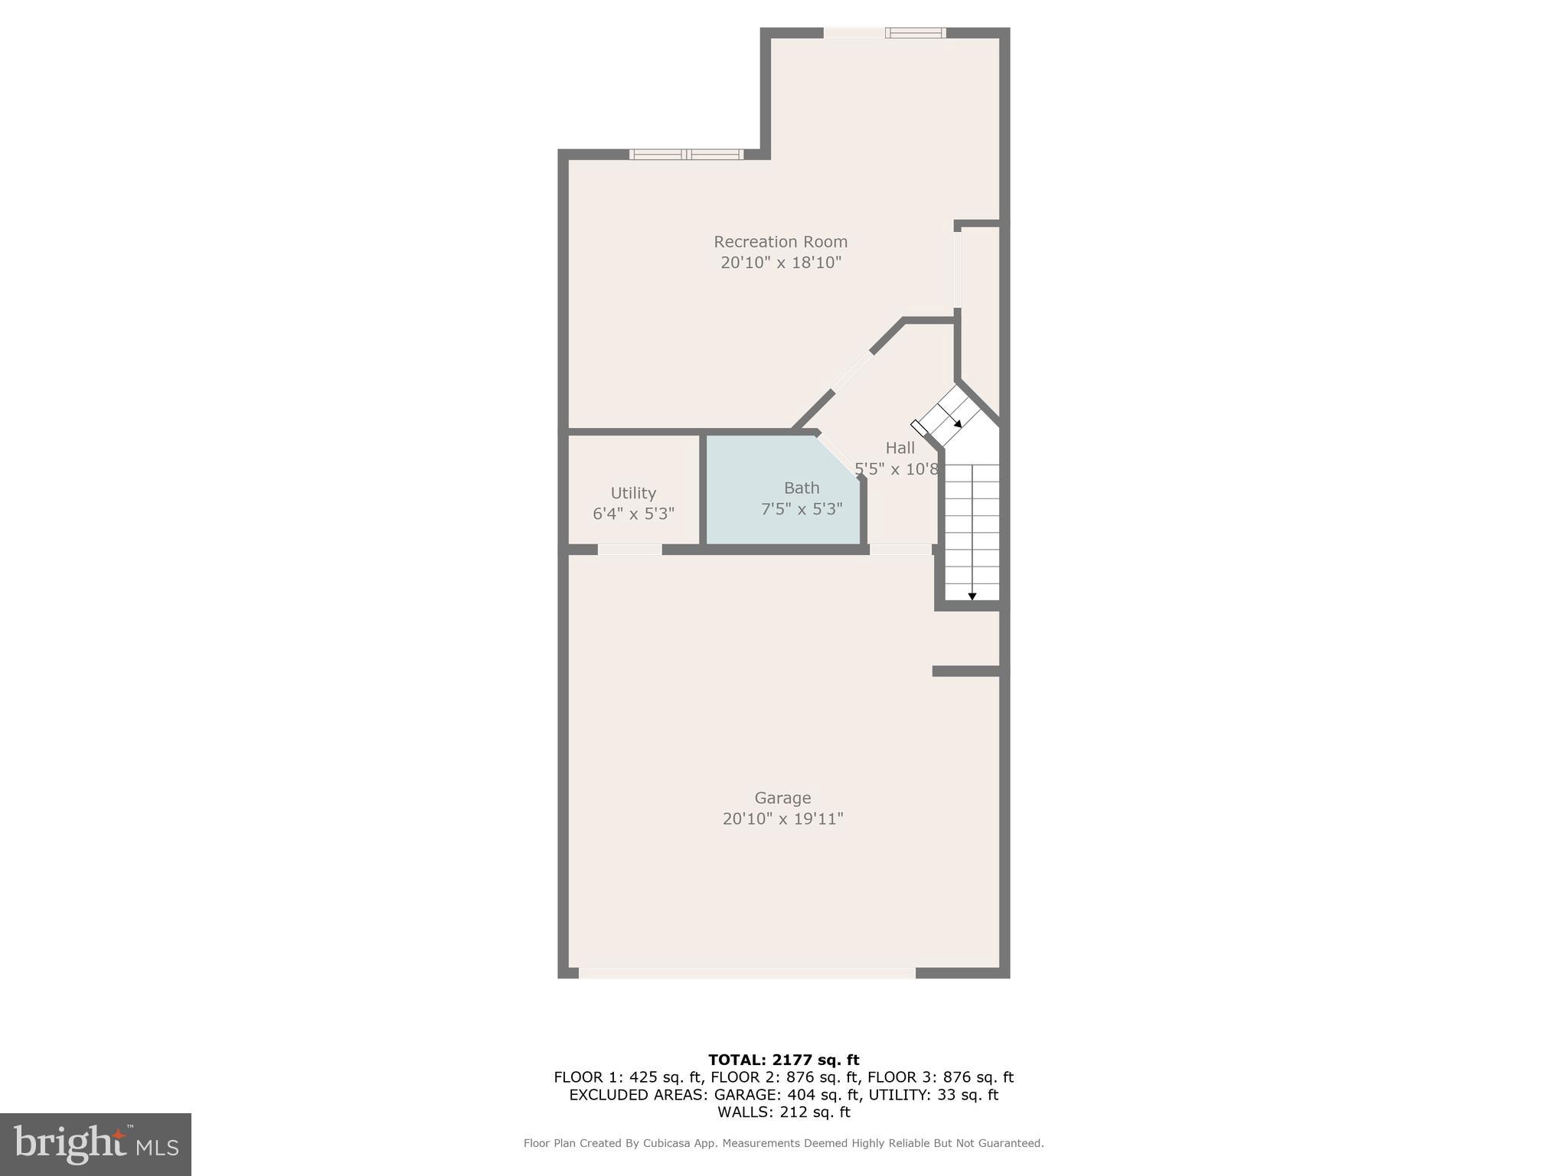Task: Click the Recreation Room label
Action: pyautogui.click(x=780, y=242)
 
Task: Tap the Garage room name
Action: pyautogui.click(x=782, y=798)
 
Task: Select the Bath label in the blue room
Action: pyautogui.click(x=802, y=488)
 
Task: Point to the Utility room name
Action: pyautogui.click(x=633, y=493)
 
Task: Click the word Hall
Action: pyautogui.click(x=900, y=448)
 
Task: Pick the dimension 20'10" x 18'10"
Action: pyautogui.click(x=780, y=263)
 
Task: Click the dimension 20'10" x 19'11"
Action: pyautogui.click(x=782, y=818)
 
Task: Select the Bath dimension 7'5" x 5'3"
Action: pyautogui.click(x=802, y=508)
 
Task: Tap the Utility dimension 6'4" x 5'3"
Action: pyautogui.click(x=633, y=513)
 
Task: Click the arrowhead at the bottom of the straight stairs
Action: pyautogui.click(x=972, y=596)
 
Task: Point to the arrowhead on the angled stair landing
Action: pyautogui.click(x=958, y=423)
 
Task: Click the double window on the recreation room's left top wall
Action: pyautogui.click(x=686, y=155)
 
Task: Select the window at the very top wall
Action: pyautogui.click(x=915, y=33)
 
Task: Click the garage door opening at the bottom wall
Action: pyautogui.click(x=746, y=973)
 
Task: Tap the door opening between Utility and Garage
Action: pyautogui.click(x=629, y=550)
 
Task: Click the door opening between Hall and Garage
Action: pyautogui.click(x=900, y=550)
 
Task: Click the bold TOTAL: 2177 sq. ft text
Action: pyautogui.click(x=783, y=1060)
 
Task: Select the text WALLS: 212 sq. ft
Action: pyautogui.click(x=783, y=1112)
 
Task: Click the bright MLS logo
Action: pyautogui.click(x=96, y=1144)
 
